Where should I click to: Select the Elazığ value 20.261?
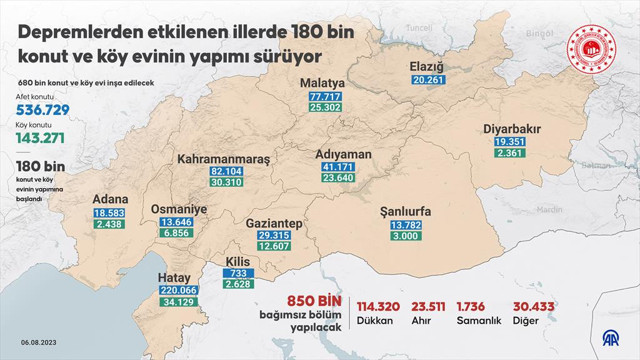[x=426, y=80]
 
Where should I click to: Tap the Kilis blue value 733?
[x=235, y=273]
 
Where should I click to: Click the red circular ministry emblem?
[x=593, y=48]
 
